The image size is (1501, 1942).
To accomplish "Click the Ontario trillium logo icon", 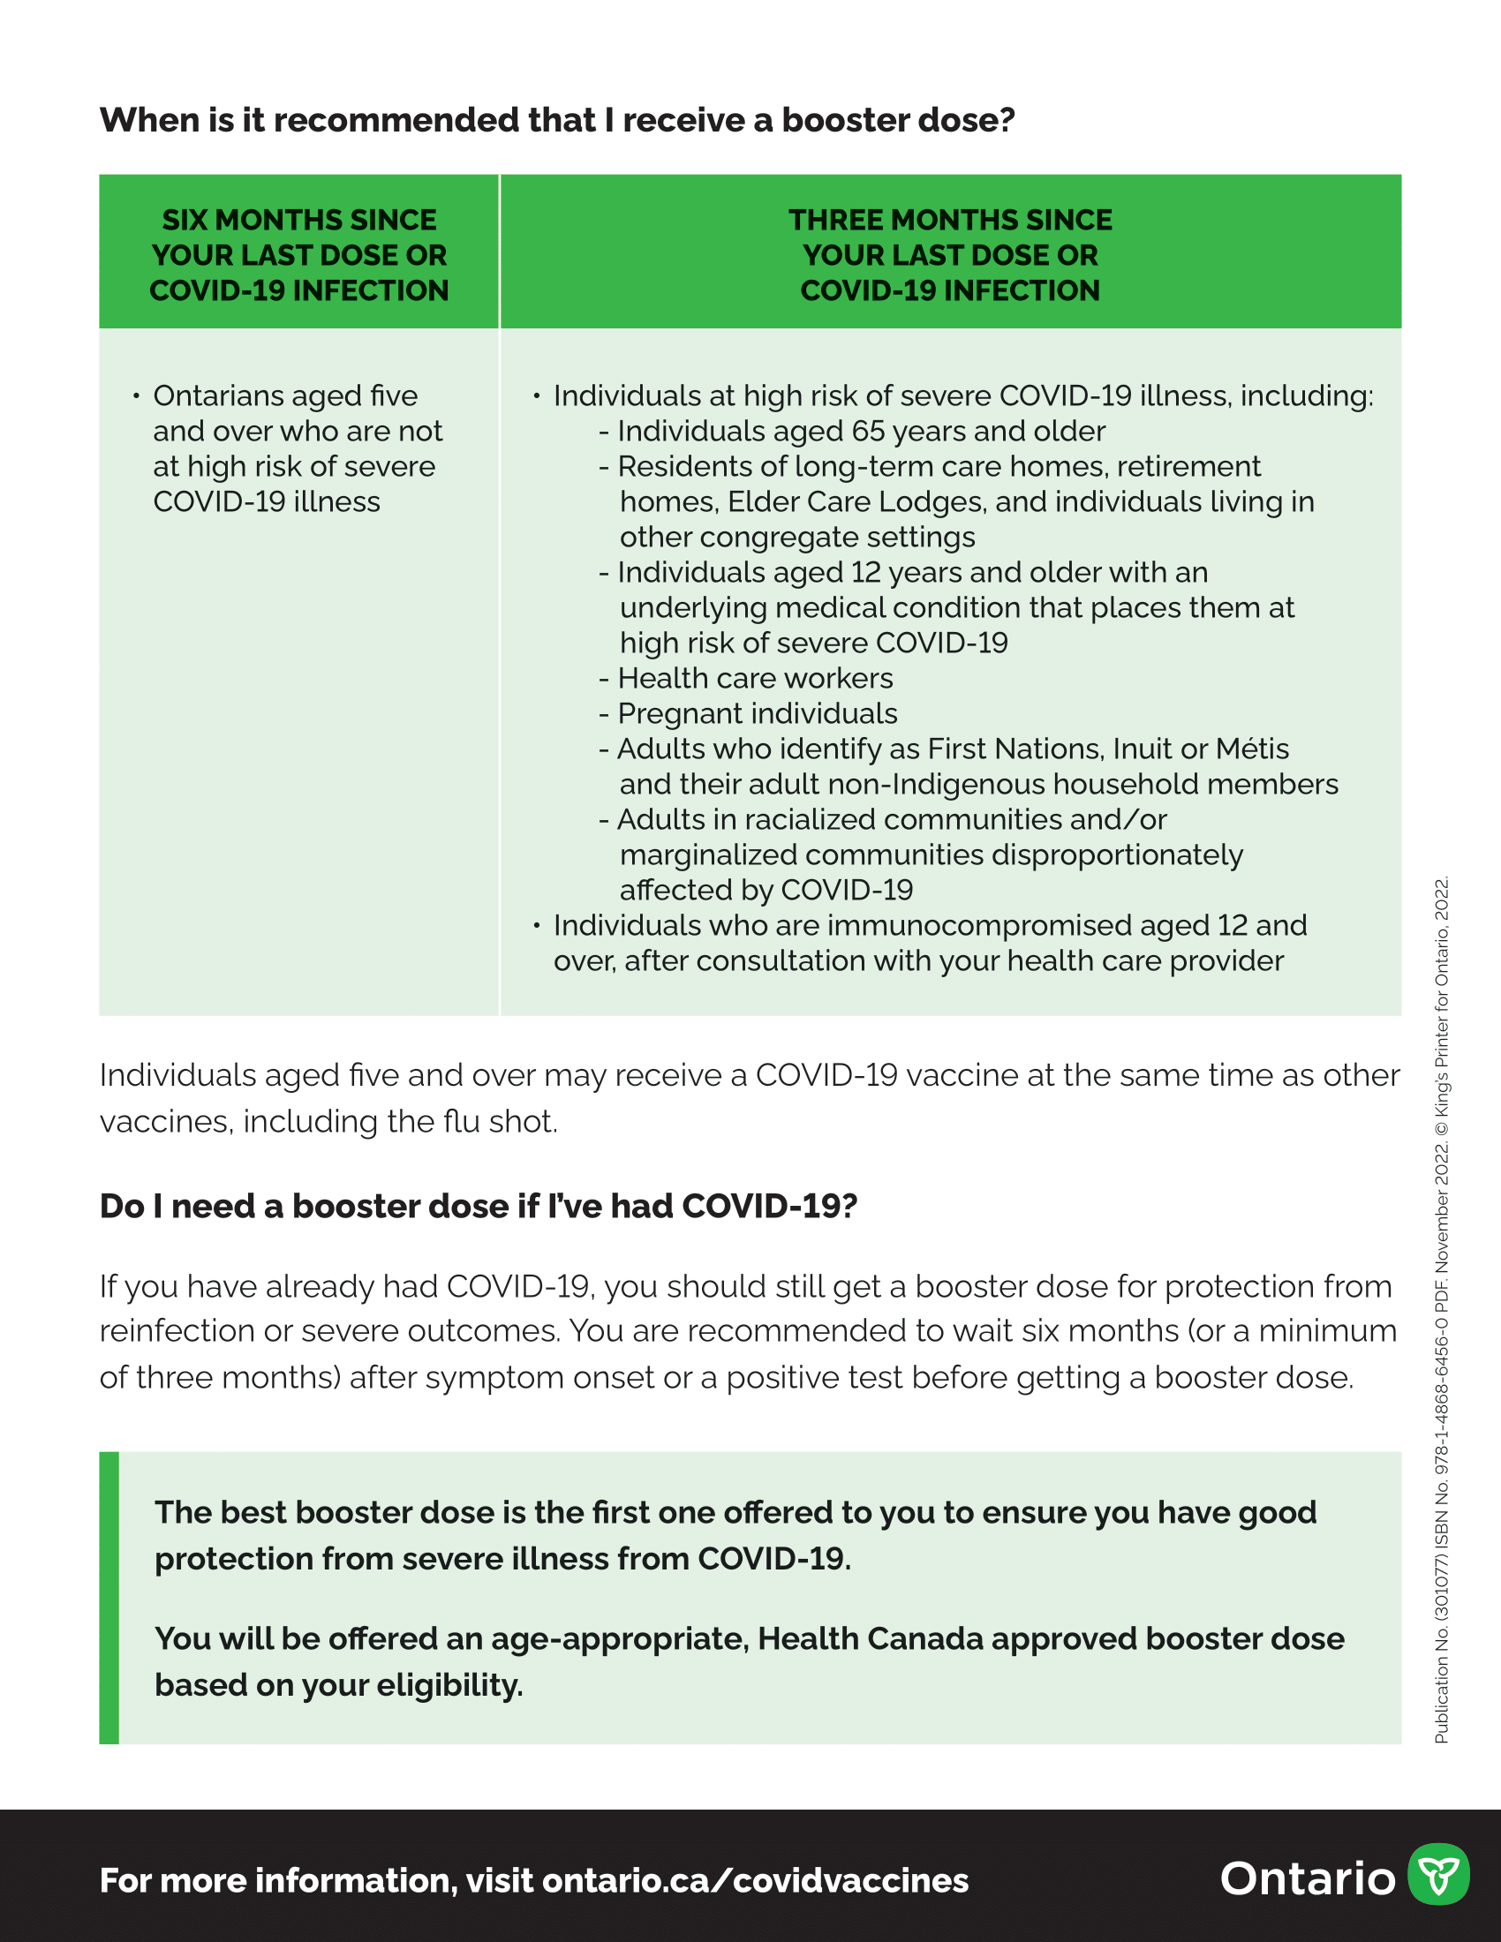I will [1437, 1873].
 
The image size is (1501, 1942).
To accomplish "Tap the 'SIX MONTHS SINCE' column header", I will [298, 221].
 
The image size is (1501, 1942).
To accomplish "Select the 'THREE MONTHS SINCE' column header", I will [950, 221].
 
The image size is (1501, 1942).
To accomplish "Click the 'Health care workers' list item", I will [755, 679].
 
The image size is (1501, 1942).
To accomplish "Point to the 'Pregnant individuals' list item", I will [758, 714].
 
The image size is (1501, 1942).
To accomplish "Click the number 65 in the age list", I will [868, 432].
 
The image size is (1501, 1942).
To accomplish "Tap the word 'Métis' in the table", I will [1252, 749].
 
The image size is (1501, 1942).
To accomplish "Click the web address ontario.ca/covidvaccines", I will [755, 1880].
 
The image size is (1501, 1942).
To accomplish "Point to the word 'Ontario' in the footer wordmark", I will [1307, 1878].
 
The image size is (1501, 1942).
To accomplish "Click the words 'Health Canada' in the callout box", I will [870, 1639].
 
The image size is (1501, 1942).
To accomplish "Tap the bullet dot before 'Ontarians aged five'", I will [136, 395].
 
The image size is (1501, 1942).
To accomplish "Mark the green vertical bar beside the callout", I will [109, 1598].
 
